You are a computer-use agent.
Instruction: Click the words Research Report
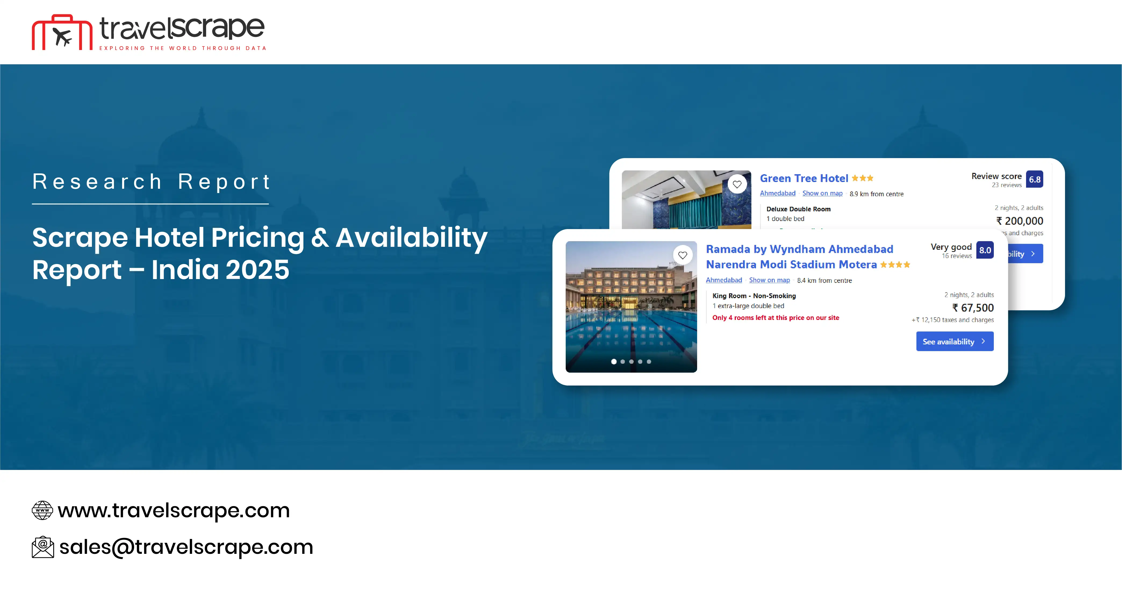point(151,182)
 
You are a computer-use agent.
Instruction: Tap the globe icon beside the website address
point(42,510)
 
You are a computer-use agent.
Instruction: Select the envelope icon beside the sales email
point(43,547)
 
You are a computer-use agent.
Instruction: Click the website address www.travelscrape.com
point(173,510)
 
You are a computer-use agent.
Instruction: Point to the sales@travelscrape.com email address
point(186,547)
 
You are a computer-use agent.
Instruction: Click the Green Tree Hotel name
point(804,179)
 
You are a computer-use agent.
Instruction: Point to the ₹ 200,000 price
point(1019,221)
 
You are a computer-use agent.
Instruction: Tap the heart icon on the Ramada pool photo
point(683,255)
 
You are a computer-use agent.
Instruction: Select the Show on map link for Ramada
point(769,280)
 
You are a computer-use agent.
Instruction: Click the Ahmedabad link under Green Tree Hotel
point(777,193)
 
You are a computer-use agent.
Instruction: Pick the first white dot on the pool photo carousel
point(614,362)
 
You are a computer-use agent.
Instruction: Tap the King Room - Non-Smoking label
point(754,296)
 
